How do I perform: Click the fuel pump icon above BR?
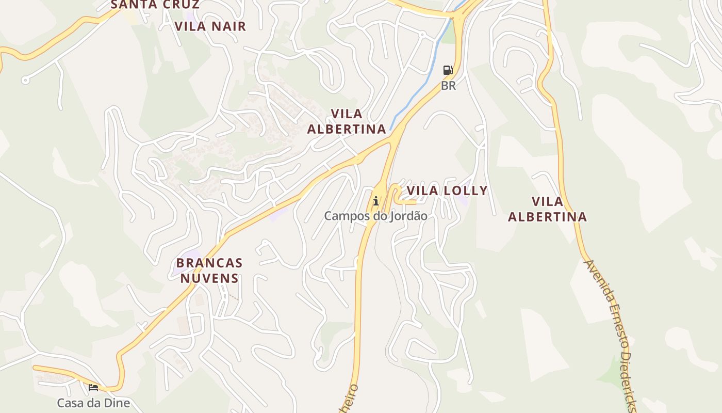pyautogui.click(x=448, y=70)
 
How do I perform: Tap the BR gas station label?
pyautogui.click(x=448, y=86)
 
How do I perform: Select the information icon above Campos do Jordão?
pyautogui.click(x=376, y=201)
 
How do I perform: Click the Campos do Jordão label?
pyautogui.click(x=375, y=216)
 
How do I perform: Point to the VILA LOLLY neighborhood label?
pyautogui.click(x=447, y=190)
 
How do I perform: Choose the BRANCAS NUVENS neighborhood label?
pyautogui.click(x=209, y=271)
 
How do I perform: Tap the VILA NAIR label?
pyautogui.click(x=210, y=26)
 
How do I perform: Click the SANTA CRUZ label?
pyautogui.click(x=155, y=5)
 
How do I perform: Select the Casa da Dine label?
pyautogui.click(x=93, y=403)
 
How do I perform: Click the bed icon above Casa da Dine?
pyautogui.click(x=93, y=387)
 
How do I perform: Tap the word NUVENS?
pyautogui.click(x=209, y=278)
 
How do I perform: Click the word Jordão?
pyautogui.click(x=408, y=216)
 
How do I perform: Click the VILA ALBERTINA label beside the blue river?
pyautogui.click(x=347, y=121)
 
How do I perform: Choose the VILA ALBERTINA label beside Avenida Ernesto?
pyautogui.click(x=547, y=209)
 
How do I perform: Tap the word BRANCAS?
pyautogui.click(x=209, y=263)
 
